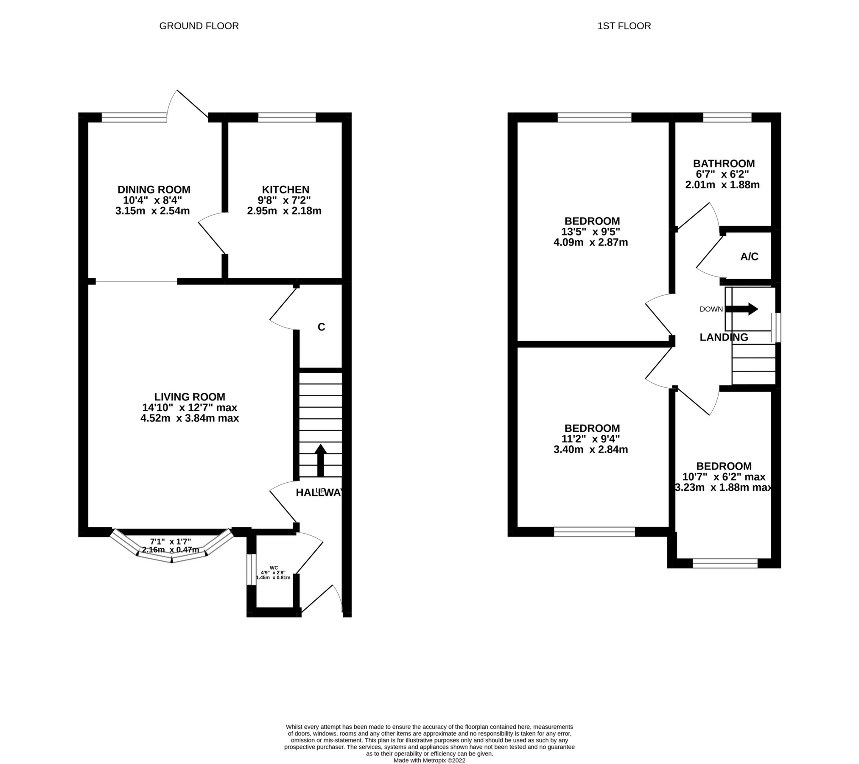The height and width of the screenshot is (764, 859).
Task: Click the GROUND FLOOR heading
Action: [199, 26]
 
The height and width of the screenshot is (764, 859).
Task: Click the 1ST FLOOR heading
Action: [624, 26]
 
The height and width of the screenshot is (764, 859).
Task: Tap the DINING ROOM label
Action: [154, 190]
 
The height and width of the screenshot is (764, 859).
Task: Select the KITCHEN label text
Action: [285, 190]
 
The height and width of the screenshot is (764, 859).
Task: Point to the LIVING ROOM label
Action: [190, 397]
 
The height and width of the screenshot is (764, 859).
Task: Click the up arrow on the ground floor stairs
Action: [320, 460]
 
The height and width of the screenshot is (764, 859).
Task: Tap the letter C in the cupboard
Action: [322, 327]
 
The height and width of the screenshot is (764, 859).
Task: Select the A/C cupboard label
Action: [749, 257]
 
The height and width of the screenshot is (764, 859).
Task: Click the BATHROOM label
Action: [724, 163]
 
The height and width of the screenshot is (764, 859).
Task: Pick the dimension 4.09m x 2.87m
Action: [590, 243]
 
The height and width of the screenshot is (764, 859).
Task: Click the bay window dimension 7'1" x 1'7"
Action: [171, 542]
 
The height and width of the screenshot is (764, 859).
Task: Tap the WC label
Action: [274, 568]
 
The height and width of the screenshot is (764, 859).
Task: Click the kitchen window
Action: [287, 118]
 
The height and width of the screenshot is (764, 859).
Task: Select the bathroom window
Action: [727, 118]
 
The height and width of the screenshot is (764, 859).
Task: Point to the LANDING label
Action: [724, 337]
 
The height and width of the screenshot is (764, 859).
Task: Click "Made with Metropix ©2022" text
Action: [429, 761]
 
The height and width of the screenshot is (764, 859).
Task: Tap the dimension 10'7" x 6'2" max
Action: [724, 477]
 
